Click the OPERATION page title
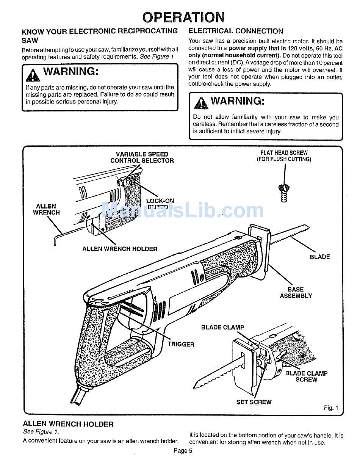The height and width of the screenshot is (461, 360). point(183,17)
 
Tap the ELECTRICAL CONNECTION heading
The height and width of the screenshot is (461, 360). point(235,31)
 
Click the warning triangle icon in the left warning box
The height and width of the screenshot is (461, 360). point(33,75)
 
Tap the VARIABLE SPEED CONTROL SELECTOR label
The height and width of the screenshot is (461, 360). point(142,157)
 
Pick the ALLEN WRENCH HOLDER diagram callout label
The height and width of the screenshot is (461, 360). point(120,249)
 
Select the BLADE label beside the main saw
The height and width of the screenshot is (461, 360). point(319,257)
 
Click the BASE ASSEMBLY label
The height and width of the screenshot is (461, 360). point(296,293)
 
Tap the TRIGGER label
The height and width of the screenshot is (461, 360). point(181,345)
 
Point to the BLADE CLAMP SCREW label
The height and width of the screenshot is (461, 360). point(306,376)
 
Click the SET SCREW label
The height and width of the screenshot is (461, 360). point(254,402)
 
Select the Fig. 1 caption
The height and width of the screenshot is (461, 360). point(330,408)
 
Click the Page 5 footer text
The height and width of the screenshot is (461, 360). point(183,451)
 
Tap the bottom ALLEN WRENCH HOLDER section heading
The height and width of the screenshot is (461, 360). point(68,424)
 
